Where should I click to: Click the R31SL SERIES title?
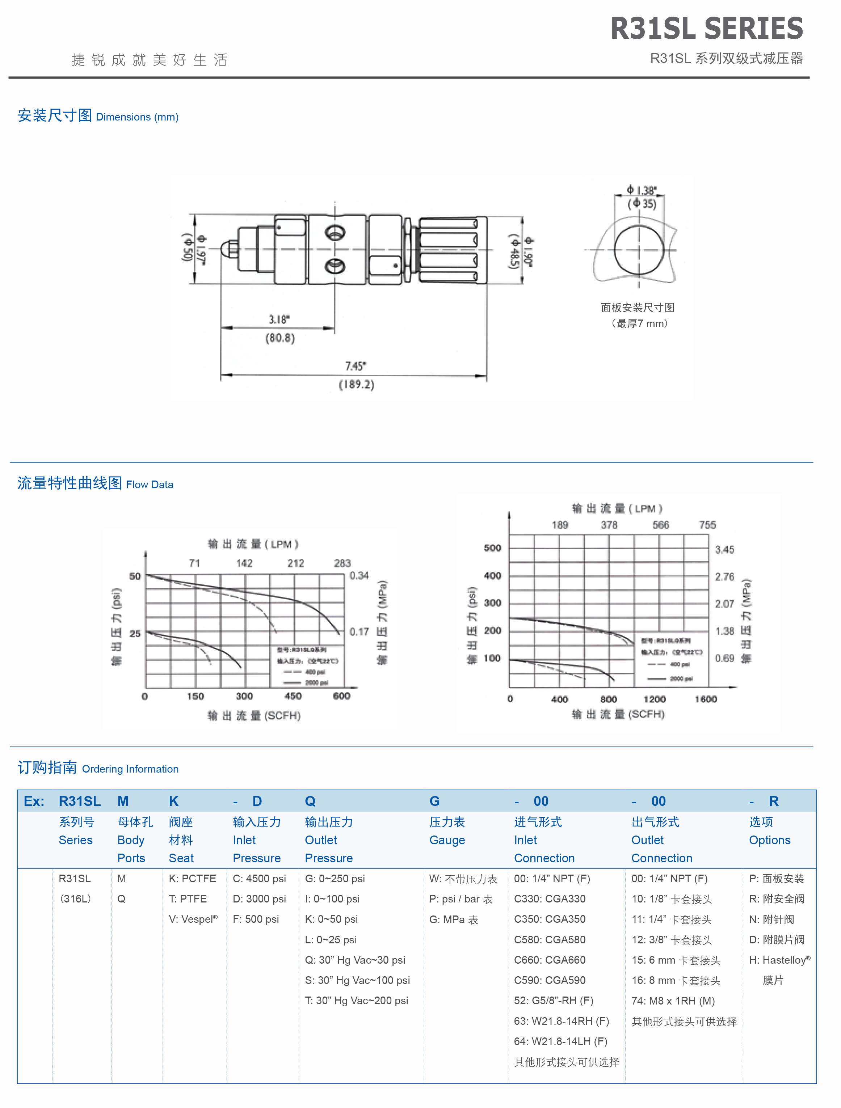pyautogui.click(x=706, y=29)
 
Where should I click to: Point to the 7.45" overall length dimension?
pyautogui.click(x=356, y=366)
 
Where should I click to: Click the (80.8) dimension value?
pyautogui.click(x=279, y=338)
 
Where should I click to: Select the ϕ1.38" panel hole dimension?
pyautogui.click(x=642, y=190)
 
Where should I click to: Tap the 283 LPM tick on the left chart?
pyautogui.click(x=342, y=563)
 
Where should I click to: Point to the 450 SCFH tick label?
pyautogui.click(x=293, y=696)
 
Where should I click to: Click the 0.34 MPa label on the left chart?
pyautogui.click(x=359, y=576)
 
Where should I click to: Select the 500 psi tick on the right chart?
pyautogui.click(x=492, y=548)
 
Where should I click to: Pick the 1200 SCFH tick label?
pyautogui.click(x=655, y=699)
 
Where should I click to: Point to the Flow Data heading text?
pyautogui.click(x=150, y=485)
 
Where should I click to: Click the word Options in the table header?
pyautogui.click(x=769, y=840)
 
